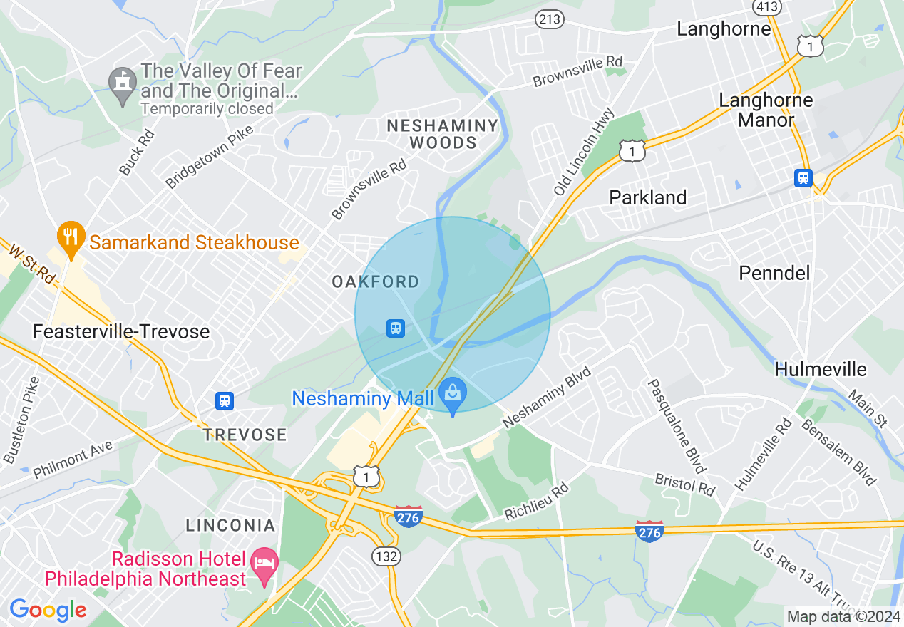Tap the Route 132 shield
click(x=385, y=556)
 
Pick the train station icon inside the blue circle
click(x=396, y=328)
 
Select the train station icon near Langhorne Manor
click(x=803, y=177)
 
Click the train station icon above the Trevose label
click(x=225, y=401)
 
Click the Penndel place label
click(x=774, y=273)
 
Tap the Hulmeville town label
click(x=821, y=369)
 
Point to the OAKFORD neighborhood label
click(x=376, y=282)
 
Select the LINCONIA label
click(x=230, y=526)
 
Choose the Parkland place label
click(x=647, y=197)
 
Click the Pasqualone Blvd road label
click(x=676, y=425)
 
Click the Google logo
click(x=48, y=609)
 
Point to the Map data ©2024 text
click(x=843, y=616)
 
